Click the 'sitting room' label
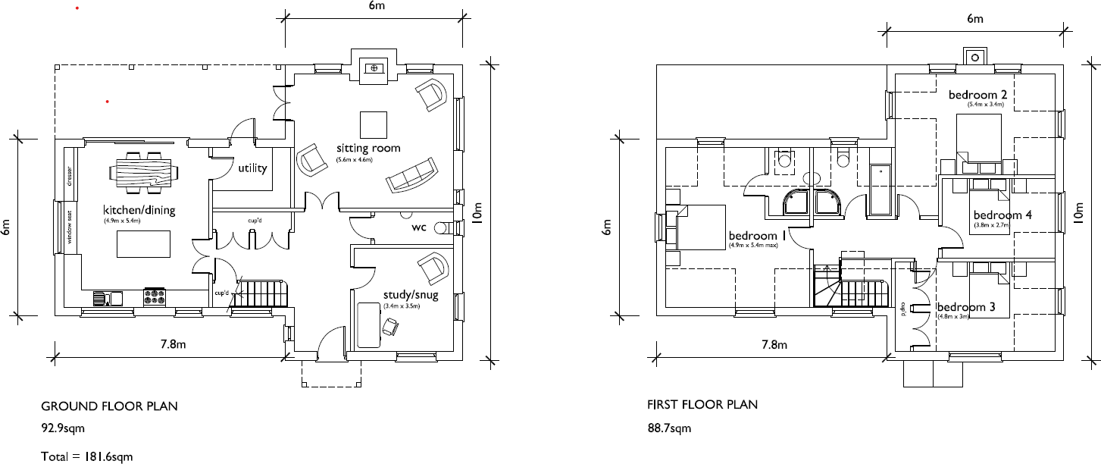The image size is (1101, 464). [x=368, y=148]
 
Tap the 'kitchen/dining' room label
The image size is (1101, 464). [x=139, y=209]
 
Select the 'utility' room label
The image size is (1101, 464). [x=252, y=168]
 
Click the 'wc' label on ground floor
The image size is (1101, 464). [x=418, y=227]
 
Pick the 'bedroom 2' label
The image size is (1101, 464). [x=977, y=95]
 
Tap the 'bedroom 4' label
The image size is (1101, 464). [x=1002, y=215]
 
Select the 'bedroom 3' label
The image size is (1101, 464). [x=965, y=307]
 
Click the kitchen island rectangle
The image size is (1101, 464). [x=142, y=244]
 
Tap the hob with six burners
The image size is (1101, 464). [x=155, y=296]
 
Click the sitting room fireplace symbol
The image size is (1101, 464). [x=373, y=69]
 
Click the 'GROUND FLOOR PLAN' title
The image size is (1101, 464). [x=109, y=406]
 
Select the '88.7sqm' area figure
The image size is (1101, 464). [x=665, y=429]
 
